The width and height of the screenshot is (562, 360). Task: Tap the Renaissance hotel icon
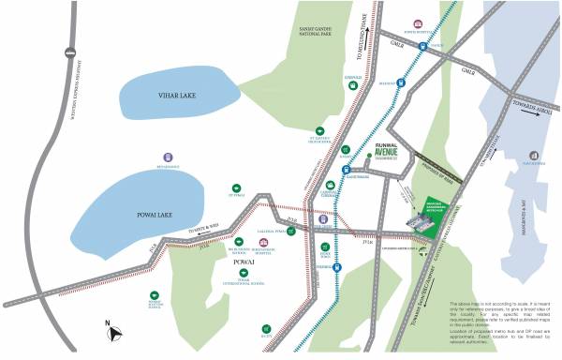click(168, 157)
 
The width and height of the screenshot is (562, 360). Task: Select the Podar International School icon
click(244, 271)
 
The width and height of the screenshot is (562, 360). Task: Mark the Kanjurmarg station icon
click(346, 170)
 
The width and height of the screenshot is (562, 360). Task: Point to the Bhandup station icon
click(401, 82)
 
